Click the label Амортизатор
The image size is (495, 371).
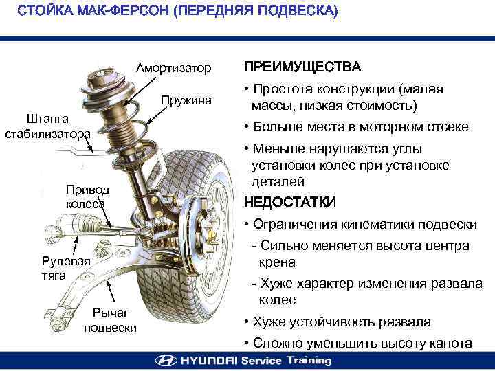coord(173,68)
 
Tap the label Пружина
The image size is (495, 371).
coord(186,101)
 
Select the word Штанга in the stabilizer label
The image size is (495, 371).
coord(47,119)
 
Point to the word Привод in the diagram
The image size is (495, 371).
coord(87,190)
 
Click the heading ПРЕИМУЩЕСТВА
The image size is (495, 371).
coord(302,67)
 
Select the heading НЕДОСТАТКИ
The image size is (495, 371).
coord(290,202)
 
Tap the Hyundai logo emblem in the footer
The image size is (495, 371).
coord(166,360)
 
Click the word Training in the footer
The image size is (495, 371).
coord(309,361)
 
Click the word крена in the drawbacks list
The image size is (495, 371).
coord(277,262)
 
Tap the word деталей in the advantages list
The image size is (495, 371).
coord(278,182)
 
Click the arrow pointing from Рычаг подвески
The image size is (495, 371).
coord(111,291)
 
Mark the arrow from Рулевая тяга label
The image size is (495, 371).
coord(75,246)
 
